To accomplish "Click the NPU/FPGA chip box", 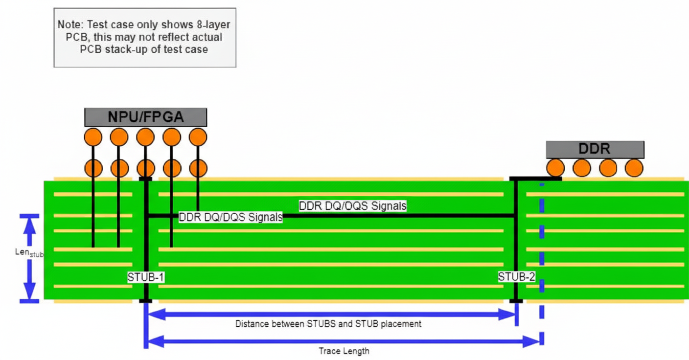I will [145, 117].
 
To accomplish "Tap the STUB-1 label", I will [146, 277].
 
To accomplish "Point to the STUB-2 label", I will [516, 277].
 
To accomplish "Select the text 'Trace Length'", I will [344, 351].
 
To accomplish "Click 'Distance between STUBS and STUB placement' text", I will [328, 324].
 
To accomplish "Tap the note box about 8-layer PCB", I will [145, 37].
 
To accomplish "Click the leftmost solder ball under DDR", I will [555, 168].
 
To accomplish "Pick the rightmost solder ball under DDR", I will [634, 168].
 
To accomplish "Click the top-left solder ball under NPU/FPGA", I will [93, 137].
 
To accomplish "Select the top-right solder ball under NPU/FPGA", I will [198, 137].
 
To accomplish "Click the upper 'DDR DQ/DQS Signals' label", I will [352, 206].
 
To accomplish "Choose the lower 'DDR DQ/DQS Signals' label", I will [230, 217].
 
